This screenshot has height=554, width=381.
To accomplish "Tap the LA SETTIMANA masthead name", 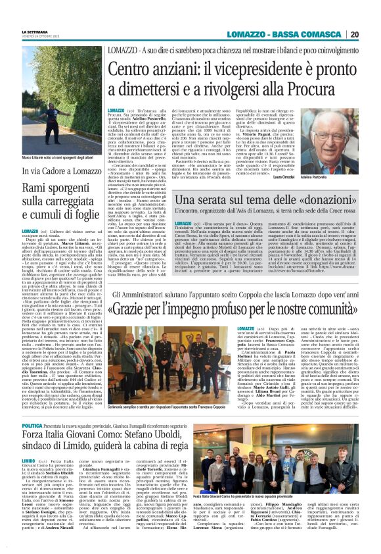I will (x=35, y=31).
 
